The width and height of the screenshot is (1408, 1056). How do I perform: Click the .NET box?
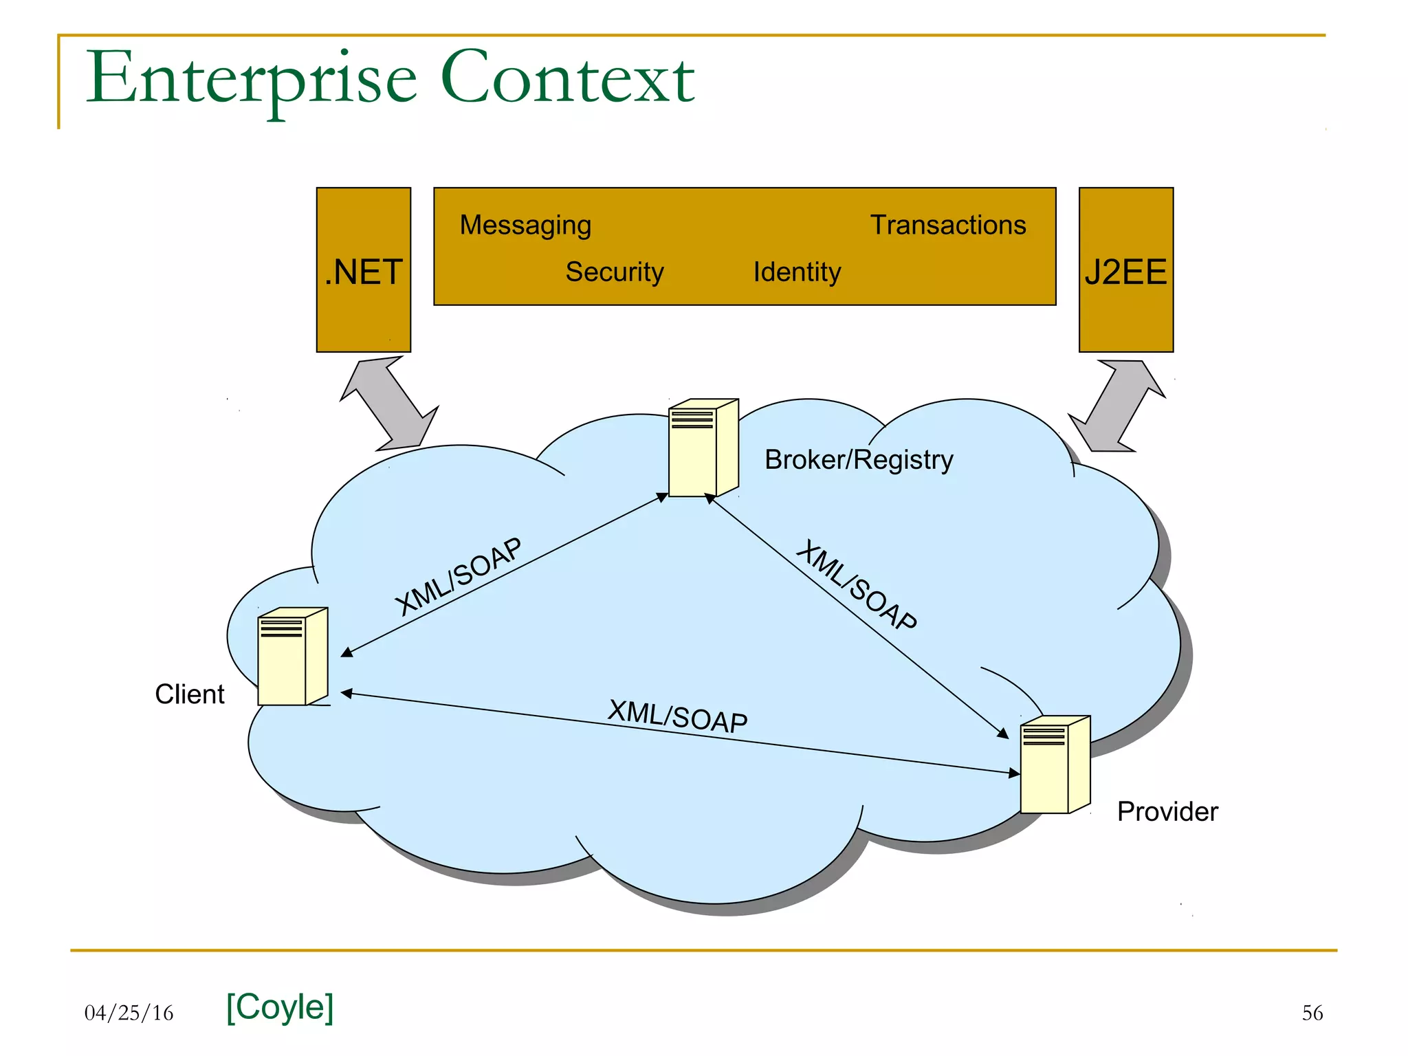click(363, 270)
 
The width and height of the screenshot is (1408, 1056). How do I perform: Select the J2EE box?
click(1125, 270)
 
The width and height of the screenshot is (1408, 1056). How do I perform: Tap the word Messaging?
click(525, 225)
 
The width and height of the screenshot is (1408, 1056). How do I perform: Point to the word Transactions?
click(948, 225)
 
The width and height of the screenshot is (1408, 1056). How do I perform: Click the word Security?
click(614, 272)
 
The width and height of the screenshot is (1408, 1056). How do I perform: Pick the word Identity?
click(797, 272)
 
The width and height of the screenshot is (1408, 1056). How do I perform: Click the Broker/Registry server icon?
click(703, 448)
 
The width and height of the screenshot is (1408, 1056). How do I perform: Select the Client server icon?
click(292, 657)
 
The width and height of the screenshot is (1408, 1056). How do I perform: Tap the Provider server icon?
click(1055, 764)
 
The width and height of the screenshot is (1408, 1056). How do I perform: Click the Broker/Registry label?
click(859, 460)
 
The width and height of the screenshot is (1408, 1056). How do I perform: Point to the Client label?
click(190, 694)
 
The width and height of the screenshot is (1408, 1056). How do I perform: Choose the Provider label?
click(1167, 812)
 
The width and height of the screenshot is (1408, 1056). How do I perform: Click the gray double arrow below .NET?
click(389, 403)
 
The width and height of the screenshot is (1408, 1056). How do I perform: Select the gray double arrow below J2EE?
click(1117, 406)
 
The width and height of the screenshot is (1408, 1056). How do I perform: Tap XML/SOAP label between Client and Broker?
click(459, 576)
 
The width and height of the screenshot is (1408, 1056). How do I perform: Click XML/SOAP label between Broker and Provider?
click(856, 585)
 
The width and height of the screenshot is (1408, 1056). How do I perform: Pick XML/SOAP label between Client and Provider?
click(677, 716)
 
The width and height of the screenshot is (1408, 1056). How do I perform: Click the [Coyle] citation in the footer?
click(280, 1007)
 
